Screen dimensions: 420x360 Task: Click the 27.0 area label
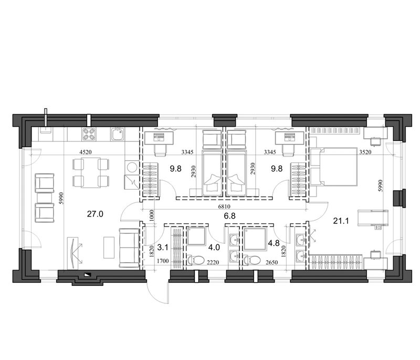tap(95, 214)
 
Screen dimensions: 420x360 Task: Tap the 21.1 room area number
tap(341, 221)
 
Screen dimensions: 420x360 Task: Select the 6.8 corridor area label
tap(230, 215)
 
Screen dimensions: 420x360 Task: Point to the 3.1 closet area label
tap(163, 247)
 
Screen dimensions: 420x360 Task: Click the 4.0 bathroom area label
tap(214, 247)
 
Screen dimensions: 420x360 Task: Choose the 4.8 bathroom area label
tap(274, 243)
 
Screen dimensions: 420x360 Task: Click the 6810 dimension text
tap(224, 207)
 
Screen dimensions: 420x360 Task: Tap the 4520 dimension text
tap(86, 152)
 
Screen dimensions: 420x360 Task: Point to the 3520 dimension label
tap(365, 152)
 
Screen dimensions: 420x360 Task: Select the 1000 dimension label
tap(152, 215)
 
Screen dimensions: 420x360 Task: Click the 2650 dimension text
tap(272, 262)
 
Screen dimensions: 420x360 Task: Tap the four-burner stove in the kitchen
tap(89, 134)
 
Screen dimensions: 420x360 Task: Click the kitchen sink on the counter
tap(117, 134)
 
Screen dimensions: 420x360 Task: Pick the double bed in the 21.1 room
tap(334, 166)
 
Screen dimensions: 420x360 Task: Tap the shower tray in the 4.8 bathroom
tap(255, 239)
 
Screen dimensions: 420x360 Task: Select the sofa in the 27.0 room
tap(129, 248)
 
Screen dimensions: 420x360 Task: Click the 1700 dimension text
tap(163, 261)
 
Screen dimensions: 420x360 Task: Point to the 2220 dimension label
tap(213, 262)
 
